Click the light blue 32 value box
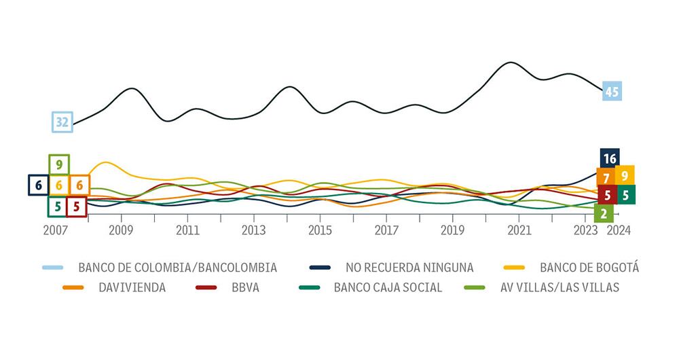tap(62, 122)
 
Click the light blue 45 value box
tap(612, 91)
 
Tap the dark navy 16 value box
tap(610, 159)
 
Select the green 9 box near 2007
tap(59, 164)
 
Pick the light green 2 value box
tap(604, 213)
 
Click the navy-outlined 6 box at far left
tap(38, 185)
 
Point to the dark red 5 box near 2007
tap(77, 206)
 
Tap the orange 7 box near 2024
tap(605, 178)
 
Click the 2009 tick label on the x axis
tap(122, 230)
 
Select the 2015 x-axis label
tap(320, 230)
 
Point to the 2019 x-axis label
tap(453, 230)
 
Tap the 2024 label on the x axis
tap(619, 230)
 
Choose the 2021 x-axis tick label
tap(519, 230)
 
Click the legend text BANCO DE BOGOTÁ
tap(589, 267)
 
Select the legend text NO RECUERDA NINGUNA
tap(409, 267)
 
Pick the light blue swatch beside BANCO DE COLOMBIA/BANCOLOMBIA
tap(52, 267)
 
